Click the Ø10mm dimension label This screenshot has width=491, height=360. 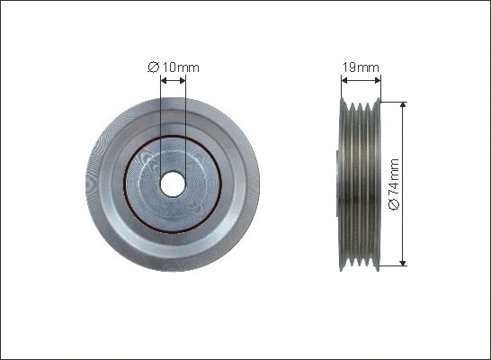click(173, 66)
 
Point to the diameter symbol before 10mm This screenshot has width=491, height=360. click(152, 66)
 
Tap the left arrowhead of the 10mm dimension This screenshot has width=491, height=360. click(163, 78)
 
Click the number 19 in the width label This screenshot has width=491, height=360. click(351, 67)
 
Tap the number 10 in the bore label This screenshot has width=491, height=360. click(169, 66)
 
